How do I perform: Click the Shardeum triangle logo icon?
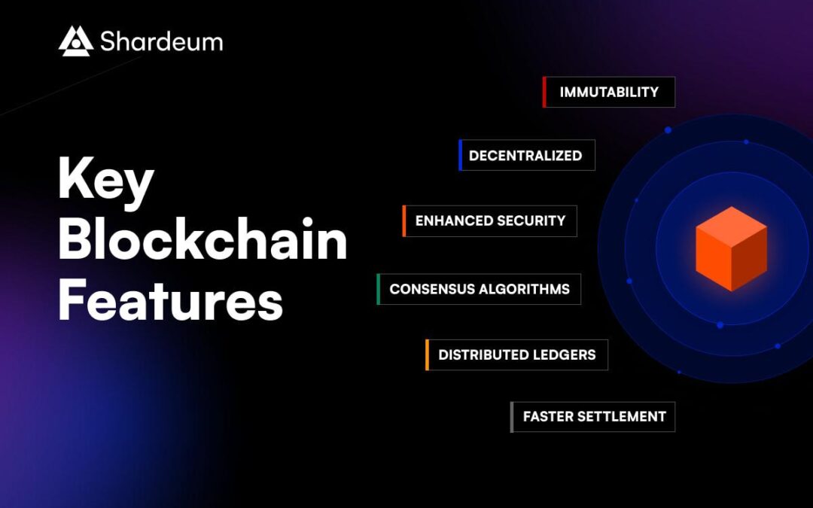point(75,41)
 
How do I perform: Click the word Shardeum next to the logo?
point(161,42)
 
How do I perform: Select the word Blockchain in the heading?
point(202,241)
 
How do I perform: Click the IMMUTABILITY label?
point(609,92)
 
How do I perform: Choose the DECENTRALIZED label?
point(525,156)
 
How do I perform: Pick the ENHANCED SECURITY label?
point(490,221)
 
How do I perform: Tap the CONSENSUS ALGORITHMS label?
point(480,289)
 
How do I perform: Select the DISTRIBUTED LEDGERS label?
point(517,354)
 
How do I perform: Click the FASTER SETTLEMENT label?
point(594,416)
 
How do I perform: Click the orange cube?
point(730,248)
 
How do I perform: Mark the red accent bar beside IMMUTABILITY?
point(544,92)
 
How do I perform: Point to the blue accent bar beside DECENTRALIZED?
point(460,155)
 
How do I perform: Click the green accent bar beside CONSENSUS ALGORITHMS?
point(378,289)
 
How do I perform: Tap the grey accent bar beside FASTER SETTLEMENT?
point(512,417)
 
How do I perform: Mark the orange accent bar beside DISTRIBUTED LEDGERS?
point(427,354)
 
